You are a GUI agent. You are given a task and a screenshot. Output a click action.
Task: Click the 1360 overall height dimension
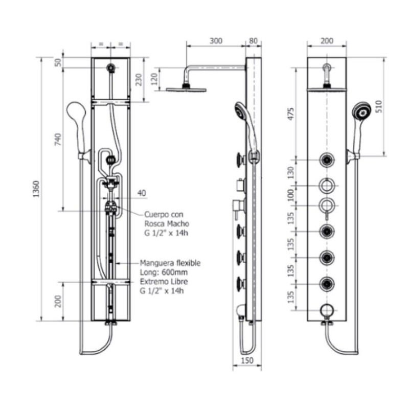[x=36, y=189]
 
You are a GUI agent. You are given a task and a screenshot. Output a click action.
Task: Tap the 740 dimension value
[x=58, y=140]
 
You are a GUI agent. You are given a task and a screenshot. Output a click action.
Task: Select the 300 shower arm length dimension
[x=216, y=41]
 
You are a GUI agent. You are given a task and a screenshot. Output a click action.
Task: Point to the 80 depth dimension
[x=253, y=41]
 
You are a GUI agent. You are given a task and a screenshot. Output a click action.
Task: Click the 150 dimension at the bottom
[x=247, y=360]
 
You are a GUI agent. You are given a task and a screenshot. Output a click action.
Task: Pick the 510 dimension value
[x=378, y=106]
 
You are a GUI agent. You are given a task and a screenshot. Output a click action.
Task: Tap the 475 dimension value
[x=291, y=114]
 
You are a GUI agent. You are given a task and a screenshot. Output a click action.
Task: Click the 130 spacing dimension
[x=291, y=172]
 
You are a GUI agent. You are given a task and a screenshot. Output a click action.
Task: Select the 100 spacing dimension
[x=291, y=195]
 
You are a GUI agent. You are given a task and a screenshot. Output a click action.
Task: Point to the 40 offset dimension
[x=142, y=193]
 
